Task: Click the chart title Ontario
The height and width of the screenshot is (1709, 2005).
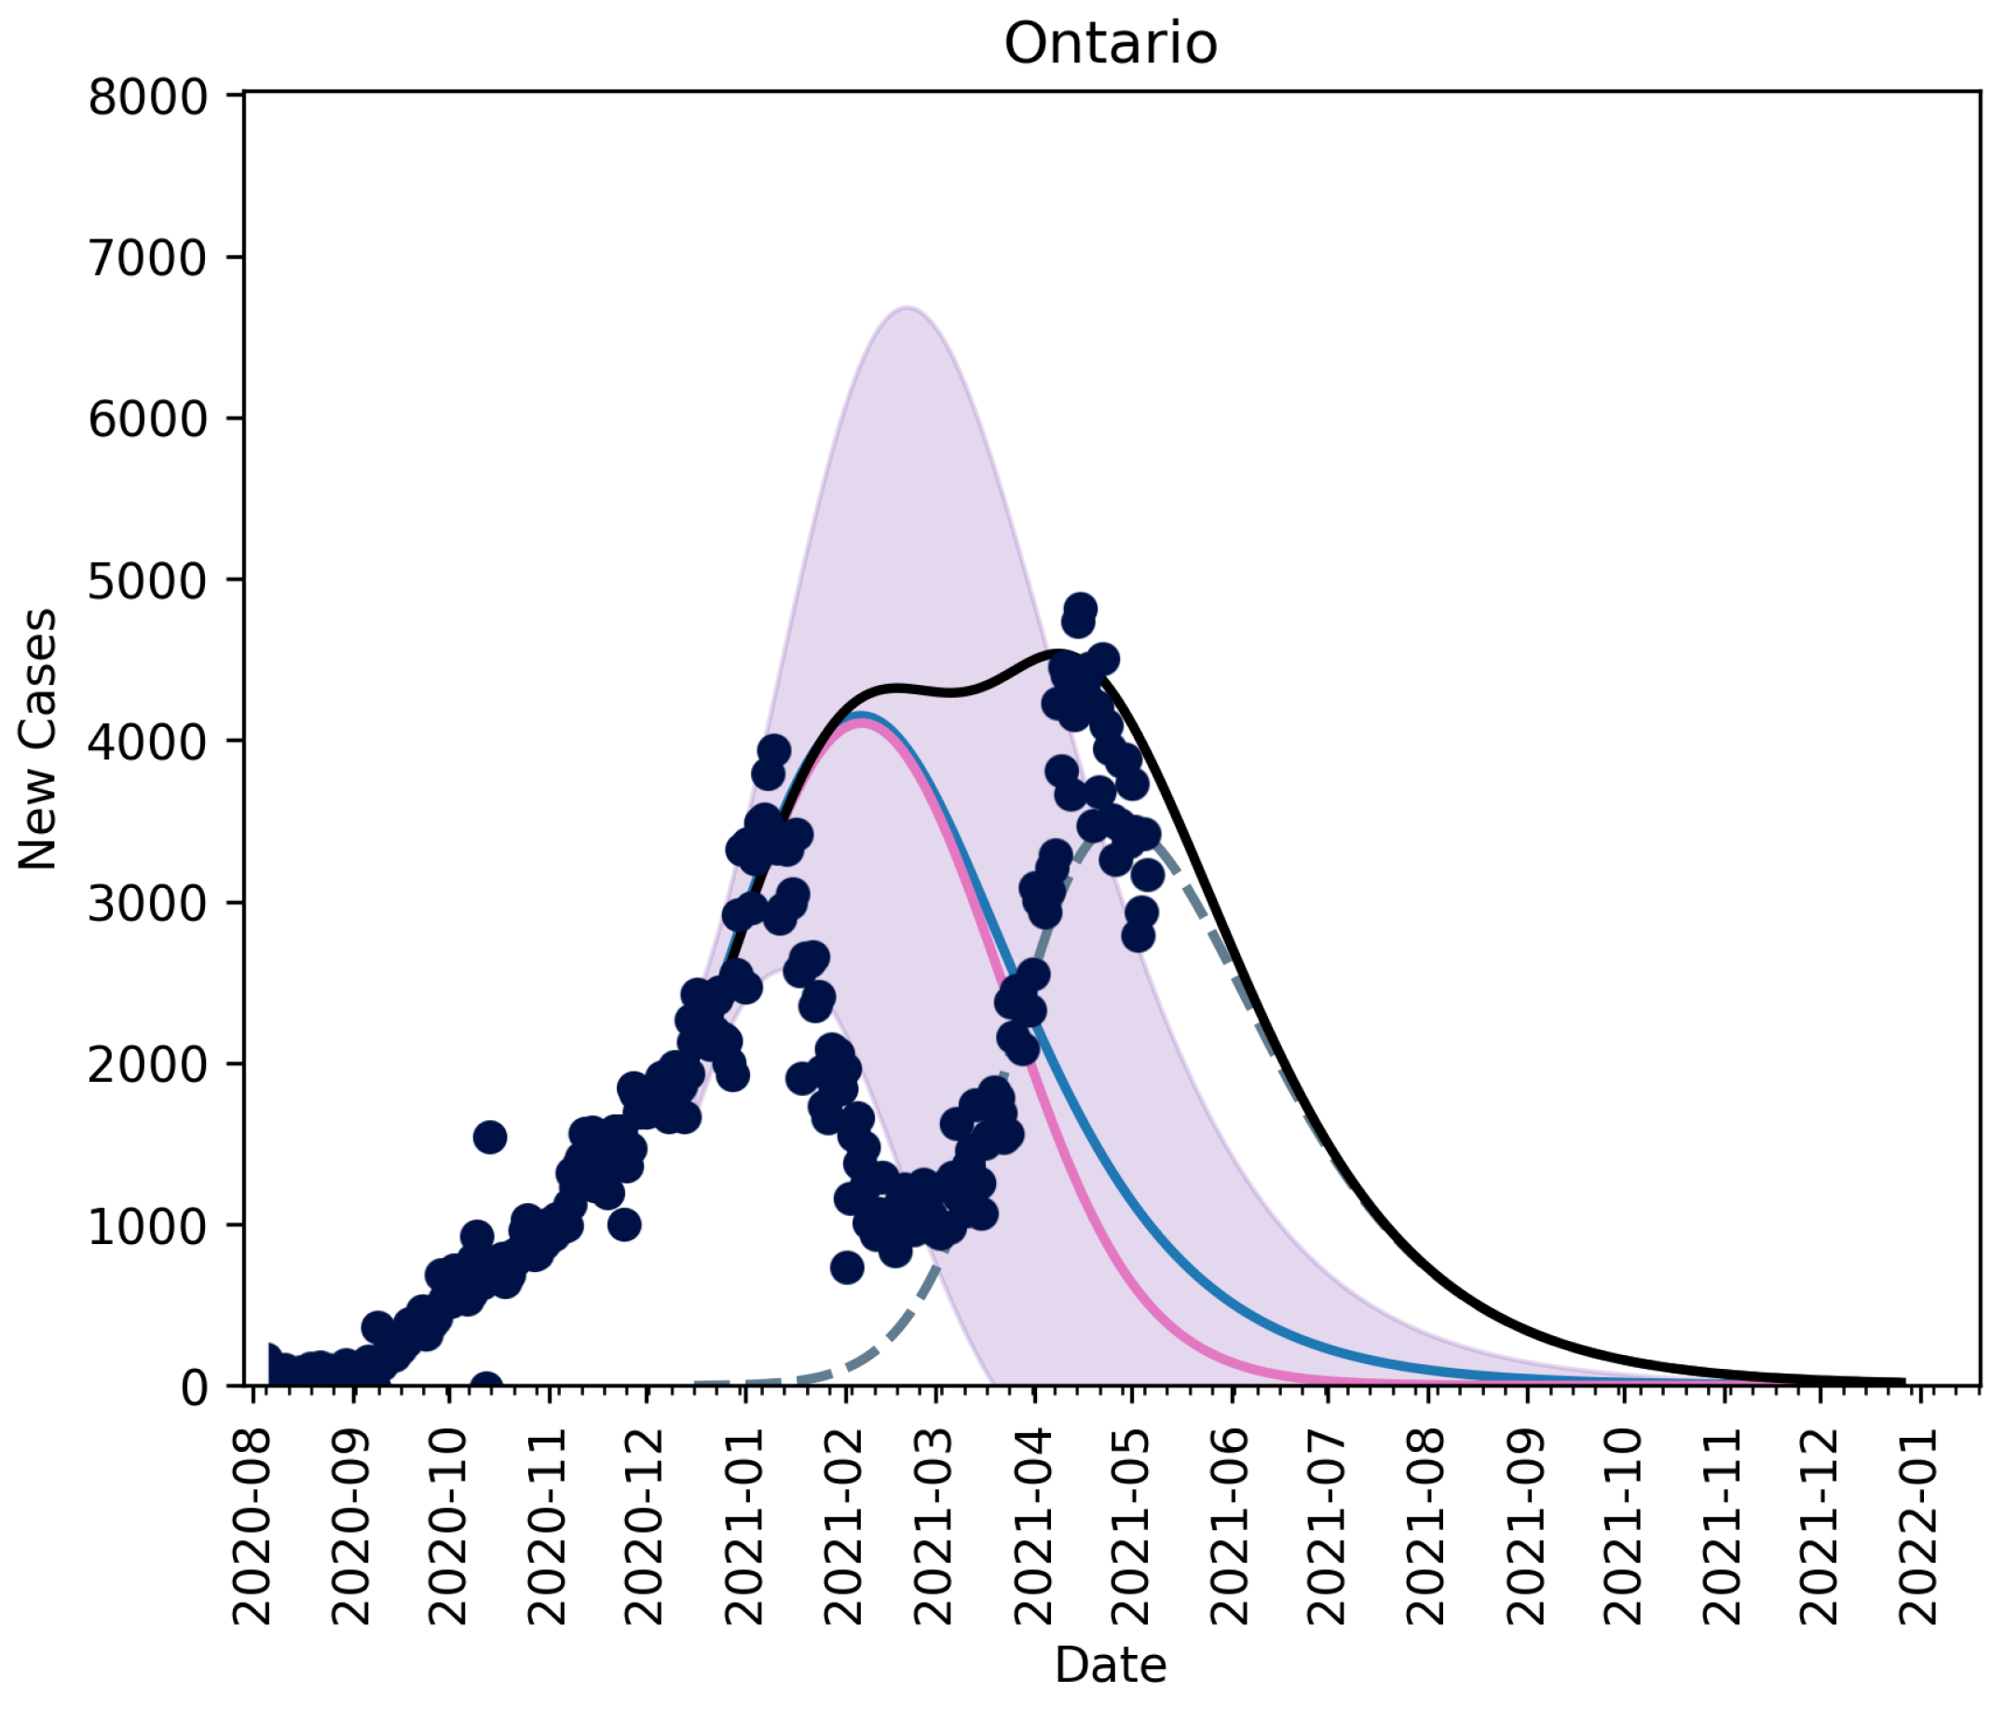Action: pyautogui.click(x=1110, y=44)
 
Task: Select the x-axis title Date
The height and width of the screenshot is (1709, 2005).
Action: pyautogui.click(x=1110, y=1664)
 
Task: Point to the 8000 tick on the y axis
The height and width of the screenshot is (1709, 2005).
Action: pyautogui.click(x=147, y=97)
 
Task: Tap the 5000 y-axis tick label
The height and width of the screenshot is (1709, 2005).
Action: pyautogui.click(x=147, y=581)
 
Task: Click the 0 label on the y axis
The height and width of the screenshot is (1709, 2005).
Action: pyautogui.click(x=194, y=1388)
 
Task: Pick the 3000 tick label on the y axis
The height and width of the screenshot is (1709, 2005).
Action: pyautogui.click(x=147, y=903)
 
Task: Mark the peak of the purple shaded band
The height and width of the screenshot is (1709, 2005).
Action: pyautogui.click(x=907, y=308)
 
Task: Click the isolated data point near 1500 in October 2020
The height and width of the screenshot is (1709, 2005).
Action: pyautogui.click(x=490, y=1137)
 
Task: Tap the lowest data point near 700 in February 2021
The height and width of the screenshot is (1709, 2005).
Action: pyautogui.click(x=847, y=1267)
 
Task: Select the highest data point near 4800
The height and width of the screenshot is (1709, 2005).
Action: pyautogui.click(x=1080, y=608)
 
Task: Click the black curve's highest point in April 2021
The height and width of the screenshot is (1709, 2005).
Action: pyautogui.click(x=1057, y=653)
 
